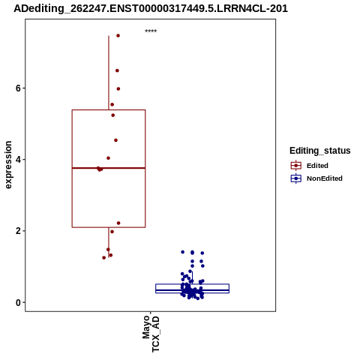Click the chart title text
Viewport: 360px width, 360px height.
point(151,8)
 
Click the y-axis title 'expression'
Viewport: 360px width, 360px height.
point(8,165)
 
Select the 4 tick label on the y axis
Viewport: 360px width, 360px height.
point(18,160)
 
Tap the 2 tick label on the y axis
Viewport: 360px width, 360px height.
point(18,231)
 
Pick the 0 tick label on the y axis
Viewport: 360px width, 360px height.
point(18,302)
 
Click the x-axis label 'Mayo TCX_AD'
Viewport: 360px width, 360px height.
point(151,334)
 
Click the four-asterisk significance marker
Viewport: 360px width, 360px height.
point(151,31)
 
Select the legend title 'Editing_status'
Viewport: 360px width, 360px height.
point(320,151)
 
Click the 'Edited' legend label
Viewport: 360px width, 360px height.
point(317,166)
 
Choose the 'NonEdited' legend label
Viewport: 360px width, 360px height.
point(325,178)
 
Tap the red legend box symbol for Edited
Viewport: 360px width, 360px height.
point(296,166)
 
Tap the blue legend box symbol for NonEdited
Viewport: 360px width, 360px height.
point(296,178)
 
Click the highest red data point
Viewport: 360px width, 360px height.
point(118,36)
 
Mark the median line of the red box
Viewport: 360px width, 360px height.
point(109,168)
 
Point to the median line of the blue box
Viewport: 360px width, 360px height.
point(192,290)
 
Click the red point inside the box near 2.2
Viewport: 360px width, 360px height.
point(118,223)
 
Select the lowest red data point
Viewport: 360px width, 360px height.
point(104,258)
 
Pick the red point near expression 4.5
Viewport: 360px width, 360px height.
point(115,140)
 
